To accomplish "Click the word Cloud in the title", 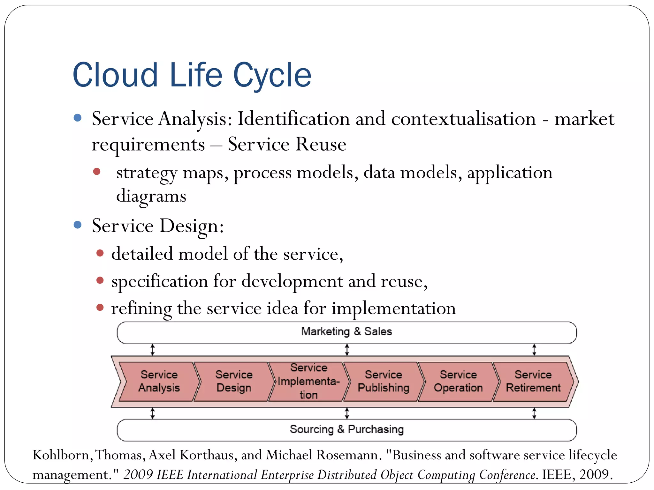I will click(115, 75).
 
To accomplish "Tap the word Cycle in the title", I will click(272, 76).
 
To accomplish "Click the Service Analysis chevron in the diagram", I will click(159, 381).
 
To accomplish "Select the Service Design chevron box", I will click(234, 381).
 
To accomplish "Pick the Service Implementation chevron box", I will click(308, 381).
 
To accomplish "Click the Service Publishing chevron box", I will click(383, 381).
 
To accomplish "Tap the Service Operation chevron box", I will click(458, 381).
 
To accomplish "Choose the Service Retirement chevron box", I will click(533, 381).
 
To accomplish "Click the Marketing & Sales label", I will click(346, 332).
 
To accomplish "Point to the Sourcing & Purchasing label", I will click(346, 429).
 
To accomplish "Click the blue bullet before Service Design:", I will click(78, 225).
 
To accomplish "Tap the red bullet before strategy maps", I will click(97, 172).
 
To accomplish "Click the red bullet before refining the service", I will click(100, 308).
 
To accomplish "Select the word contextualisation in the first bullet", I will click(463, 119).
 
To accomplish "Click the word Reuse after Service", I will click(321, 145).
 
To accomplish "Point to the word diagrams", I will click(151, 196).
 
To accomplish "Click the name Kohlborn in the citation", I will click(61, 455).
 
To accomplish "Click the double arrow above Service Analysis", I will click(153, 350).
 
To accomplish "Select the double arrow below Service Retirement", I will click(534, 413).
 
